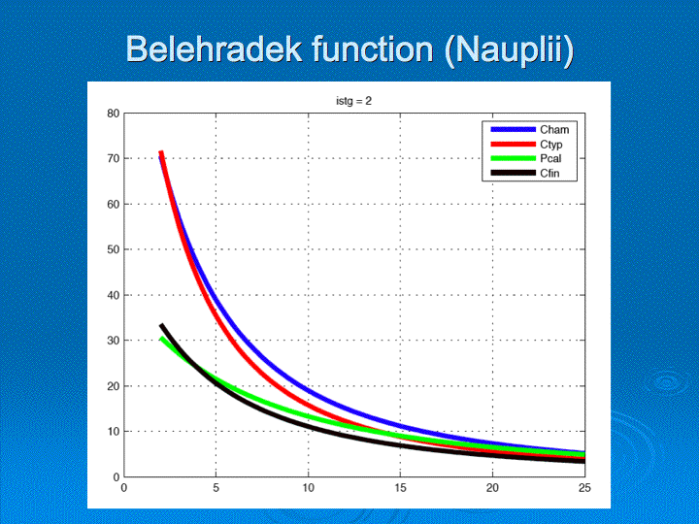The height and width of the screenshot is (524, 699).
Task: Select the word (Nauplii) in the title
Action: pyautogui.click(x=509, y=50)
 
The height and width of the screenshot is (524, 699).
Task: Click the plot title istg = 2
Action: pyautogui.click(x=354, y=101)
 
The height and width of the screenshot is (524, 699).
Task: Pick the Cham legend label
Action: pyautogui.click(x=554, y=130)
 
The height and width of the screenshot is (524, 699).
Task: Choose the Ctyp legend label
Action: pyautogui.click(x=551, y=145)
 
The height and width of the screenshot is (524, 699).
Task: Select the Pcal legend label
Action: pyautogui.click(x=550, y=158)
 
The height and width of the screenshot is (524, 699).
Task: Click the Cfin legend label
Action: pyautogui.click(x=549, y=174)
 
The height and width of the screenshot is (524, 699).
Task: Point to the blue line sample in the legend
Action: pyautogui.click(x=514, y=129)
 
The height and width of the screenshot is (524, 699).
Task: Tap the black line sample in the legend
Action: pyautogui.click(x=514, y=173)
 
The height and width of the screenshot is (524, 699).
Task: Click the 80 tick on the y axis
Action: pyautogui.click(x=114, y=114)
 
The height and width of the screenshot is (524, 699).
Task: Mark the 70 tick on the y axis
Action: pyautogui.click(x=114, y=158)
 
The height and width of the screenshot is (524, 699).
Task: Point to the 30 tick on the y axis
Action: pyautogui.click(x=114, y=341)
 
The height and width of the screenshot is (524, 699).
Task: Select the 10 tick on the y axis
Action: pyautogui.click(x=114, y=431)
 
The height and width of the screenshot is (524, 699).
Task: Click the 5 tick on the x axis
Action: pyautogui.click(x=216, y=488)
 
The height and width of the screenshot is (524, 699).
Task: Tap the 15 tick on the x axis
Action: pyautogui.click(x=400, y=488)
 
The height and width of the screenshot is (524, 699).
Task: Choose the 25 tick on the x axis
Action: pyautogui.click(x=584, y=488)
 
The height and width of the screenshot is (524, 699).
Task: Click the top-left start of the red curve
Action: pyautogui.click(x=161, y=152)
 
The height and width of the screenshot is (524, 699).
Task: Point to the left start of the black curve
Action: pyautogui.click(x=161, y=325)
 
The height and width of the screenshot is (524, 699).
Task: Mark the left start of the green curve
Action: pyautogui.click(x=161, y=339)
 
